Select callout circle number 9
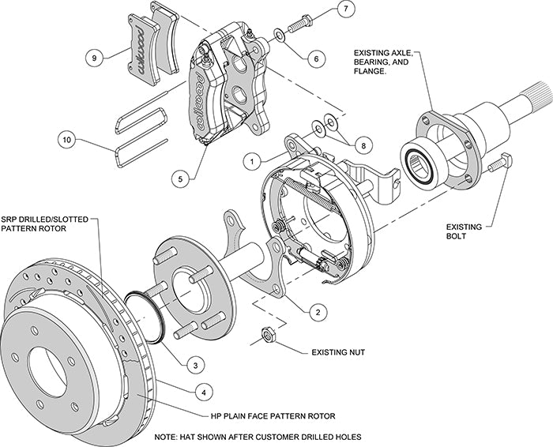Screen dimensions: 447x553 coord(93,58)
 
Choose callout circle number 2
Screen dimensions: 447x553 coord(317,312)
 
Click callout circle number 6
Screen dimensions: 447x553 coord(315,58)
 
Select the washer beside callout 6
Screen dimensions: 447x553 coord(280,35)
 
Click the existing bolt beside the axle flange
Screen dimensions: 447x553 coord(498,163)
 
